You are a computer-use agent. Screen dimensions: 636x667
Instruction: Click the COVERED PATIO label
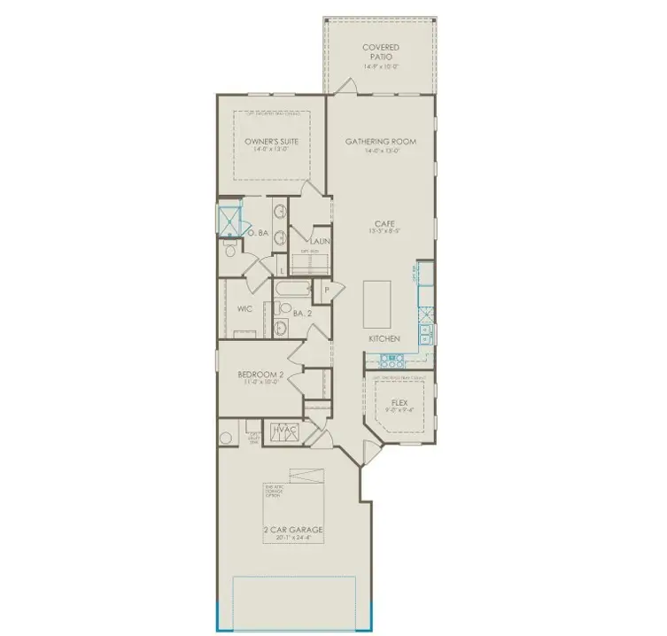(x=381, y=51)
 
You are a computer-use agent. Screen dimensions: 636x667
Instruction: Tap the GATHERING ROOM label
(x=381, y=142)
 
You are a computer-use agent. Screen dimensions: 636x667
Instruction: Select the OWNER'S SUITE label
(x=271, y=142)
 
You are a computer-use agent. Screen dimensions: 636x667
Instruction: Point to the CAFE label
(x=383, y=224)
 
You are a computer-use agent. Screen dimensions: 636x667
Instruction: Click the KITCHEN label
(x=385, y=339)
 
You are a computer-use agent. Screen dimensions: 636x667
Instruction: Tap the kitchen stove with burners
(x=391, y=360)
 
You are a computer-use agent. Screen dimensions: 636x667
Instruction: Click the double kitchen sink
(x=426, y=332)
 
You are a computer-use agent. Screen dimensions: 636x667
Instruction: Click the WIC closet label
(x=245, y=309)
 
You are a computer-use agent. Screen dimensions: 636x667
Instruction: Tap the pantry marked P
(x=327, y=290)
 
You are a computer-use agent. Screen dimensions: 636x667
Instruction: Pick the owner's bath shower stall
(x=231, y=217)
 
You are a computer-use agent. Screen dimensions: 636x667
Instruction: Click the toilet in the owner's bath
(x=230, y=252)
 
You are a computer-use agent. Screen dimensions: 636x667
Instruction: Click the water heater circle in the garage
(x=227, y=437)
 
